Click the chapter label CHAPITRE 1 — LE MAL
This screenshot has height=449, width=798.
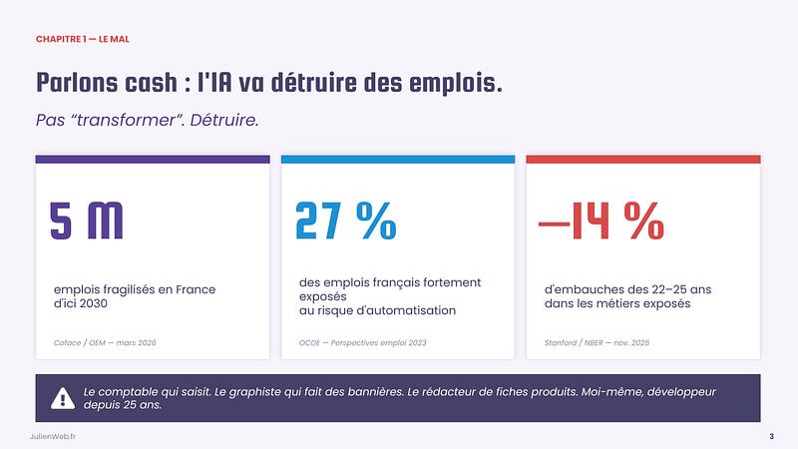coord(83,39)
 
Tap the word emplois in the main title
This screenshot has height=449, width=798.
coord(450,83)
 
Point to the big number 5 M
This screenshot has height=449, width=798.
coord(87,221)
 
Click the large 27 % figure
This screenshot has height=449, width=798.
coord(345,221)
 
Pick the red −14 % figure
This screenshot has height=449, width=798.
coord(601,221)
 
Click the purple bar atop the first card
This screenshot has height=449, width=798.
coord(153,159)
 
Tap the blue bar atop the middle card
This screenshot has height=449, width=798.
coord(398,159)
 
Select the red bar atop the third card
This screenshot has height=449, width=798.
coord(643,159)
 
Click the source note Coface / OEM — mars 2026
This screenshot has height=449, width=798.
coord(105,342)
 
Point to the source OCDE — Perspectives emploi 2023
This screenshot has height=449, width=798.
coord(363,342)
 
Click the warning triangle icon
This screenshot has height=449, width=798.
coord(63,399)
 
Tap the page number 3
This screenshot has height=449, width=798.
coord(771,437)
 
